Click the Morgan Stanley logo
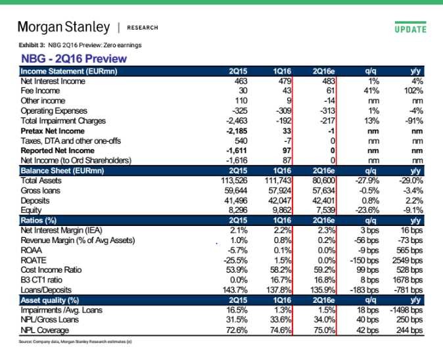64,28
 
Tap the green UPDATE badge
411,28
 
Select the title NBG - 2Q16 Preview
74,58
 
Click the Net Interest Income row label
53,81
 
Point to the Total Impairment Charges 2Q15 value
237,121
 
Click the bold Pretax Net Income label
53,131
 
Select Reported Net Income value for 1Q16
287,150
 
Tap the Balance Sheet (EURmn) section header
62,171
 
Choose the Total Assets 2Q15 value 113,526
234,181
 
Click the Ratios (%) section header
38,220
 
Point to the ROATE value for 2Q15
235,260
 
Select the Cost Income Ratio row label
51,270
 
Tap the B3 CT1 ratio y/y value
408,280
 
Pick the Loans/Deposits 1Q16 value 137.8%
279,290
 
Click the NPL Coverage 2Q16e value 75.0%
325,330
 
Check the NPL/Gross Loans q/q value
367,320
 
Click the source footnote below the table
75,342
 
